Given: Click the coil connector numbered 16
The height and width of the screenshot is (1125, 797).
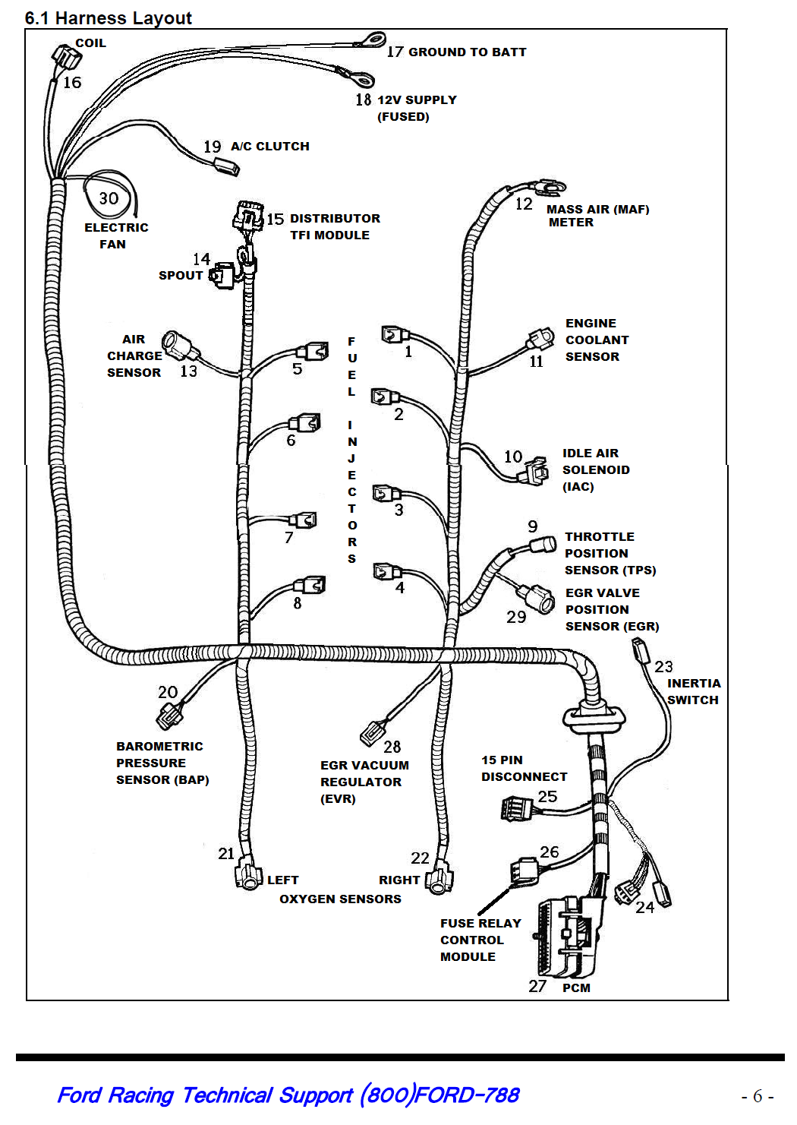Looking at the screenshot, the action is (66, 58).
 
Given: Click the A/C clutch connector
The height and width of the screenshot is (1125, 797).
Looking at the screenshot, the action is (226, 167).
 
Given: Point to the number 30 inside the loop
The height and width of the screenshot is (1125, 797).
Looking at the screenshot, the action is (109, 198).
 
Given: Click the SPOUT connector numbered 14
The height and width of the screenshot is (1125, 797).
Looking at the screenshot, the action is (222, 275).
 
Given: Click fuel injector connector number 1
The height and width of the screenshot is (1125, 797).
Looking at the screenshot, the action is (395, 334).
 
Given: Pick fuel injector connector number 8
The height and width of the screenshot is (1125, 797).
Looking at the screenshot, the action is (309, 586).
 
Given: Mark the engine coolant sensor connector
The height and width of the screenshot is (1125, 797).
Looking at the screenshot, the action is (541, 339).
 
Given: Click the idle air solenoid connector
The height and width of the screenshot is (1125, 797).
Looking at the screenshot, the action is (533, 471).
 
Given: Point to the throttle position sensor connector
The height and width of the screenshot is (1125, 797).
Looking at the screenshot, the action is (543, 545).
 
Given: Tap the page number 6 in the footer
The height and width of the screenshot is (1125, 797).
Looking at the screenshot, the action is (758, 1095).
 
